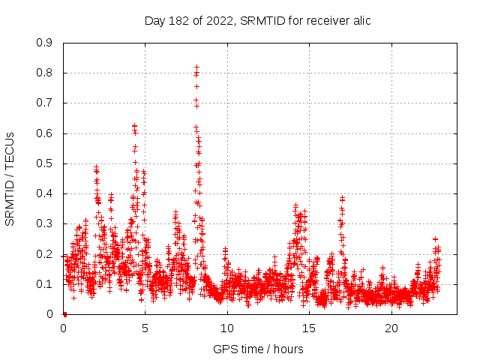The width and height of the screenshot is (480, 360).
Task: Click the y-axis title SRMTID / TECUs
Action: click(x=10, y=178)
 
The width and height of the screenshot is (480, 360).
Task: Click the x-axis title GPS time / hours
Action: click(x=258, y=349)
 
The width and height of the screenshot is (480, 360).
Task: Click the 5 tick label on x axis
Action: click(x=145, y=328)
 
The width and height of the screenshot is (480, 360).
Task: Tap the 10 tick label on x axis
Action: click(x=227, y=328)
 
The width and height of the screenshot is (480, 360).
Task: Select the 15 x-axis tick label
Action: click(x=310, y=328)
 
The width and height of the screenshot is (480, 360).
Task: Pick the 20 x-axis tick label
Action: click(x=391, y=328)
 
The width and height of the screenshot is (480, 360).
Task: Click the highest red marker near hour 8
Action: click(x=196, y=67)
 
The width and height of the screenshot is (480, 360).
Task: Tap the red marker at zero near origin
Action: click(x=64, y=314)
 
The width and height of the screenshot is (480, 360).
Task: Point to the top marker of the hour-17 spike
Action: click(x=342, y=198)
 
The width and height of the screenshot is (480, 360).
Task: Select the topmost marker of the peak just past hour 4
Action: click(x=134, y=126)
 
